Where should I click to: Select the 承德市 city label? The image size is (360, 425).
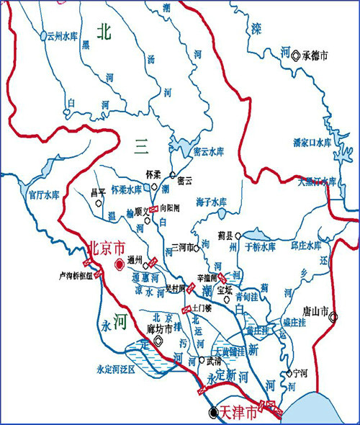point(315,55)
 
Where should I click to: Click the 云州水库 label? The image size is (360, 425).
point(61,35)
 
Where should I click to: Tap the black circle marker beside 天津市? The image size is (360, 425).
point(212,413)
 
